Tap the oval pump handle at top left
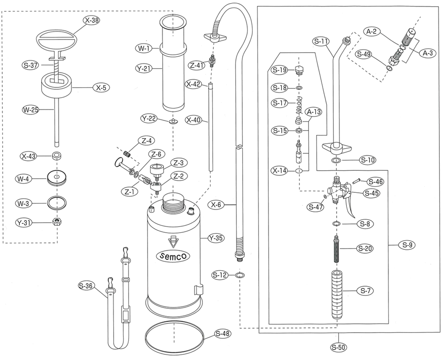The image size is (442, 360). pos(57,40)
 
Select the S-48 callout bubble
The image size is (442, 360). pos(223,334)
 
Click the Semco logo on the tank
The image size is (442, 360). pos(173,256)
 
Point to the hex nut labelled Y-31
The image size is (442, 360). pos(57,222)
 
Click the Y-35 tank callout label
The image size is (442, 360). pos(216,238)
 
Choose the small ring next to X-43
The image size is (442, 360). pos(57,156)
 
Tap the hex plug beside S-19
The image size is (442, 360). pos(299,69)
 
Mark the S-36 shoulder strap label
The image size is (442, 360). pos(86,286)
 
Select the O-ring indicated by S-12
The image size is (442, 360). pos(240,275)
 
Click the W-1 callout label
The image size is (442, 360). pos(144,49)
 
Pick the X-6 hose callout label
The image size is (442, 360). pos(216,205)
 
